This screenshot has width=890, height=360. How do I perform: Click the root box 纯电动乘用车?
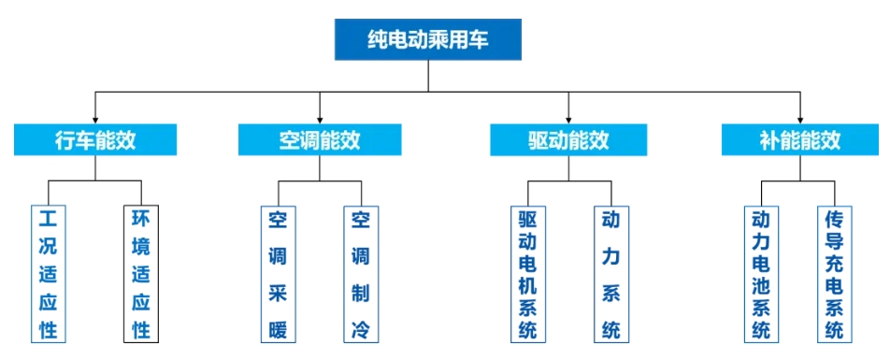tap(427, 38)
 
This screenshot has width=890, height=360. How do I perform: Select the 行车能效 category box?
tap(95, 140)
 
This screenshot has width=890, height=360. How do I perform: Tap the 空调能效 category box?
tap(320, 140)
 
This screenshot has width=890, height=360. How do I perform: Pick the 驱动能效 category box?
tap(568, 140)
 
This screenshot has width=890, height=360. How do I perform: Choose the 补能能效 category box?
tap(799, 140)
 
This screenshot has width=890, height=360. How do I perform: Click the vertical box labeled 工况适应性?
tap(48, 274)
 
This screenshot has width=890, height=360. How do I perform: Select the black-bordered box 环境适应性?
tap(141, 274)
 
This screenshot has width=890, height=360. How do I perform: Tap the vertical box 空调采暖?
tap(277, 274)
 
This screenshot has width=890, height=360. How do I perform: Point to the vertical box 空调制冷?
tap(361, 274)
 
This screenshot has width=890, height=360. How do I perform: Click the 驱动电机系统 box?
tap(527, 274)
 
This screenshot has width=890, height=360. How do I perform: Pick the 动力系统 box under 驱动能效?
tap(610, 274)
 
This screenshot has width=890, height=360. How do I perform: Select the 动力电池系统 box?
tap(761, 274)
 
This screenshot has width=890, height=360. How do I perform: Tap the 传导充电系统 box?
tap(834, 274)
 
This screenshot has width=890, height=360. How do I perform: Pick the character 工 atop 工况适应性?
tap(48, 220)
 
